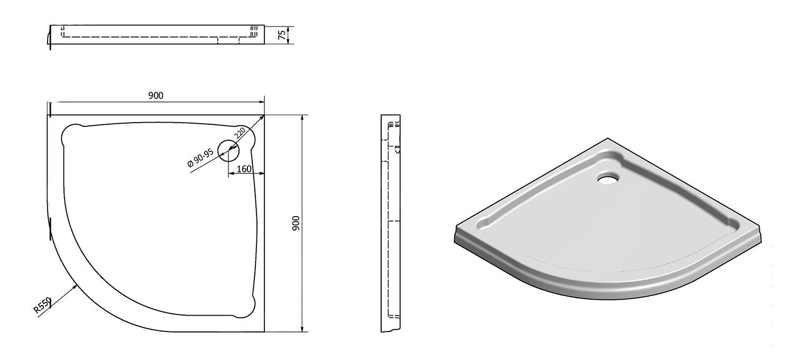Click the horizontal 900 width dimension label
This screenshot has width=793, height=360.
click(155, 95)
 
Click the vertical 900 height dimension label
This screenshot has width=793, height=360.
click(296, 223)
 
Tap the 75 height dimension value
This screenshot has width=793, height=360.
click(282, 34)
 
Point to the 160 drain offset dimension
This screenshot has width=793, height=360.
click(244, 169)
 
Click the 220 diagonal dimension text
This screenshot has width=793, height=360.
click(240, 133)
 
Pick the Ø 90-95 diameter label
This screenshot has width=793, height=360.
click(200, 158)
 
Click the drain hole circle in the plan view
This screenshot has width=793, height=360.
click(228, 151)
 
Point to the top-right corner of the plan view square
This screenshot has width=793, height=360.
click(264, 115)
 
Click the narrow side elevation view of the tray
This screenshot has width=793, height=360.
click(390, 223)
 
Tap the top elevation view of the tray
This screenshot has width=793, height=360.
click(157, 34)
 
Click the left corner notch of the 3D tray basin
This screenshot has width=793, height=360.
click(485, 224)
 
